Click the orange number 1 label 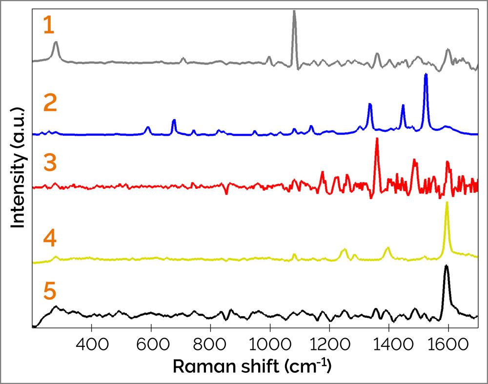[x=48, y=25]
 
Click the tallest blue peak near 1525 [x=426, y=76]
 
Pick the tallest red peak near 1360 [x=376, y=141]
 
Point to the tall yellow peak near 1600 [x=447, y=204]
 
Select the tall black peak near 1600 [x=446, y=267]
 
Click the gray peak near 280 [x=56, y=43]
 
